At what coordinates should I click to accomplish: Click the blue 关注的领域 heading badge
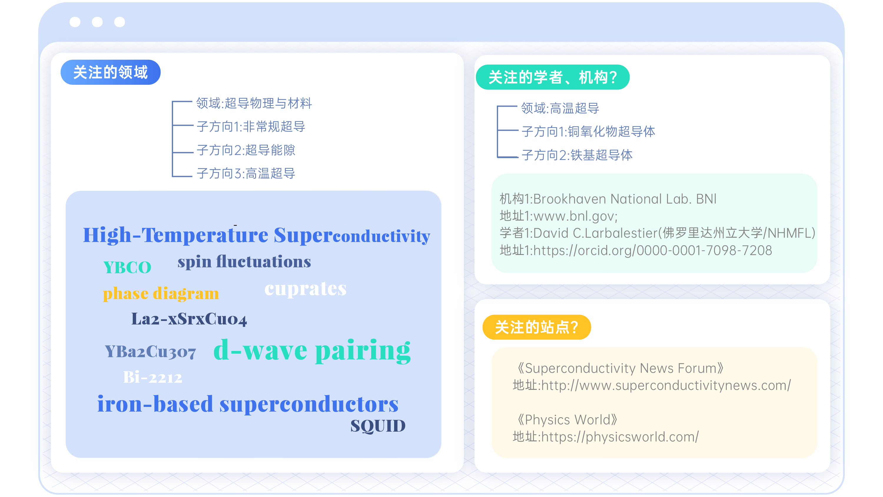[x=110, y=72]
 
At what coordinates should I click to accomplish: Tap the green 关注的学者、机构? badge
[x=552, y=77]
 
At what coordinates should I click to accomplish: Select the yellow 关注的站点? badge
[x=537, y=327]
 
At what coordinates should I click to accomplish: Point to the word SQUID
[x=378, y=426]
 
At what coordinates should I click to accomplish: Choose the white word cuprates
[x=306, y=289]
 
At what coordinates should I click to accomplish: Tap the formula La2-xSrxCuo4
[x=189, y=319]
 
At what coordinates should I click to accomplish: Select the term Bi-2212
[x=152, y=377]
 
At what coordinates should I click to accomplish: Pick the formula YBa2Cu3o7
[x=150, y=352]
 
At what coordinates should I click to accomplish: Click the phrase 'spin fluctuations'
[x=244, y=262]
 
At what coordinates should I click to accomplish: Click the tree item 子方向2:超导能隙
[x=246, y=150]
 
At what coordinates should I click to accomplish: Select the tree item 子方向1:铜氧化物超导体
[x=588, y=132]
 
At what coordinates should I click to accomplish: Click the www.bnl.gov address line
[x=558, y=216]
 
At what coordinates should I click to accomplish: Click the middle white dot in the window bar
[x=97, y=22]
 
